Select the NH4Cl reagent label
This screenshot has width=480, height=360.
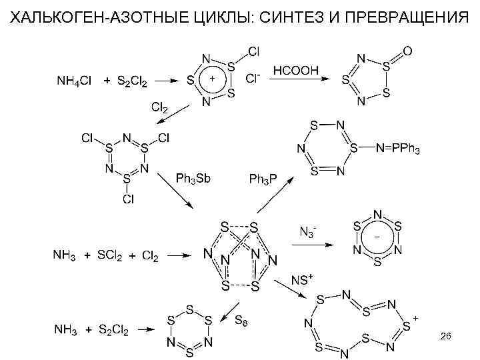[x=73, y=82]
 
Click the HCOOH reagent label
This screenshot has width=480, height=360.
[x=296, y=69]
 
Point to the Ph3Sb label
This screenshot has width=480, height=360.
[x=193, y=178]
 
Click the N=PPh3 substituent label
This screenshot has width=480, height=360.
[x=397, y=147]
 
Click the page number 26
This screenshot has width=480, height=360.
[x=446, y=338]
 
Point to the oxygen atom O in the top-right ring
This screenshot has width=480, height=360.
[x=408, y=50]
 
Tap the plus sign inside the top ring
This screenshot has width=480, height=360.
[x=212, y=78]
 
